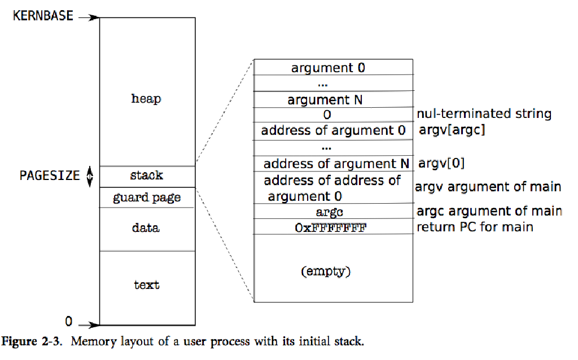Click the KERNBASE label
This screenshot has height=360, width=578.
tap(43, 16)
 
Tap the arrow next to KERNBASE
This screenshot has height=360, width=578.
tap(88, 18)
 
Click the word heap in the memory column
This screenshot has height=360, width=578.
tap(146, 99)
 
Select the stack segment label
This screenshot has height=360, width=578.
tap(146, 175)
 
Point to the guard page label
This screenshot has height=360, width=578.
tap(147, 197)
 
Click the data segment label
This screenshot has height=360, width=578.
tap(146, 228)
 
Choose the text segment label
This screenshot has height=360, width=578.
tap(147, 285)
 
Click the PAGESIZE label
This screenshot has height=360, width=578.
tap(50, 175)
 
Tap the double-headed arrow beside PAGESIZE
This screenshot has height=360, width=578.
tap(89, 176)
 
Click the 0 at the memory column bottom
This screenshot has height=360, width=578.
tap(69, 322)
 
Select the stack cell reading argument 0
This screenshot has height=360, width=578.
tap(328, 68)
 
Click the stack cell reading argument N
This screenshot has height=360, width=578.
tap(325, 100)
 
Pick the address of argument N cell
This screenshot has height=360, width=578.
tap(336, 164)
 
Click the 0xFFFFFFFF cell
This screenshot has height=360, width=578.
tap(334, 228)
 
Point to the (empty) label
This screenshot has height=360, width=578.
tap(326, 271)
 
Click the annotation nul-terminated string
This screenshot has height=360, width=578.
tap(484, 114)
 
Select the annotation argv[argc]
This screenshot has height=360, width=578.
tap(452, 130)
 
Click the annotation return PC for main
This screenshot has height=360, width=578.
tap(475, 227)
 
